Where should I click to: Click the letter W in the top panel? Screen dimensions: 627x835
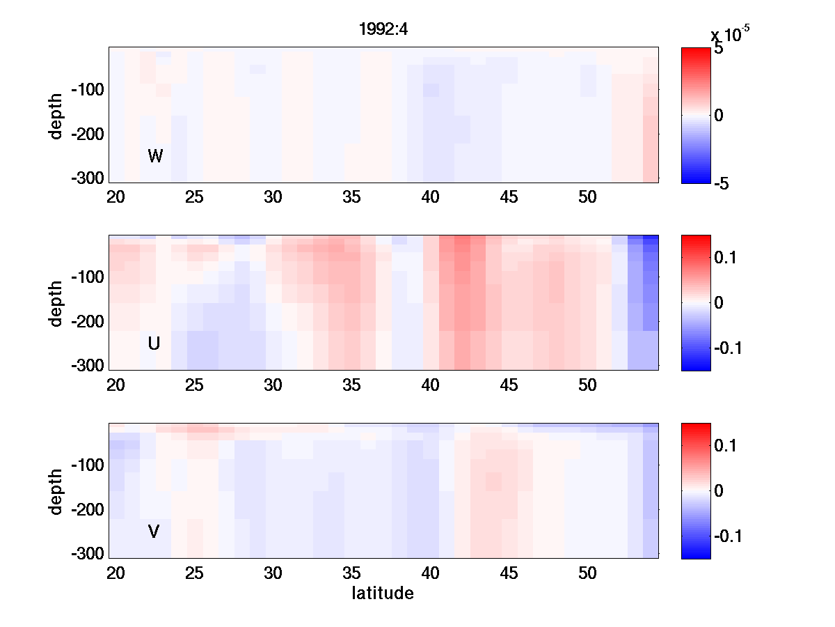[x=155, y=156]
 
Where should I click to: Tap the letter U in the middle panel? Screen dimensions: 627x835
[x=154, y=343]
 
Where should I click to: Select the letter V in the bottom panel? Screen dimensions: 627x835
[x=154, y=532]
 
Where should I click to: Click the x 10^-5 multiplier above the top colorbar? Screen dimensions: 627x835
[x=730, y=34]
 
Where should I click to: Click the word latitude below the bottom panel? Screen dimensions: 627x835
[x=383, y=594]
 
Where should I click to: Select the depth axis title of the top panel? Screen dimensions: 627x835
[x=56, y=115]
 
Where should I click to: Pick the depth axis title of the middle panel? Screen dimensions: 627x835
[x=56, y=303]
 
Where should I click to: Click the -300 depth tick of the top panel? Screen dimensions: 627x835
[x=87, y=178]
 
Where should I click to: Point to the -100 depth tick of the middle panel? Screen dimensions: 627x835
[x=87, y=277]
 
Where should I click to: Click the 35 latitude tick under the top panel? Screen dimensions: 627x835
[x=351, y=197]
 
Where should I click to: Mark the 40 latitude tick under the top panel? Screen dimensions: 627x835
[x=431, y=197]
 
